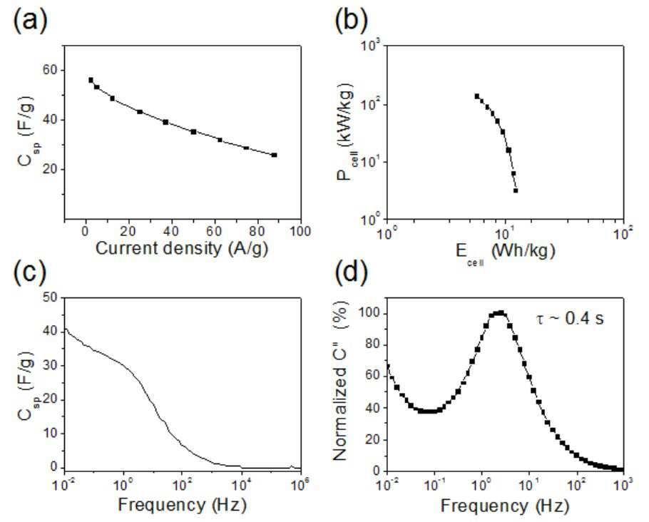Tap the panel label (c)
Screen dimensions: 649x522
click(29, 273)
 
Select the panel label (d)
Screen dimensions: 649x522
click(350, 273)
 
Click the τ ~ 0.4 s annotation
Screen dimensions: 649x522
click(569, 318)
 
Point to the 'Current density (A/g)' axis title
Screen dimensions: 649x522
click(182, 248)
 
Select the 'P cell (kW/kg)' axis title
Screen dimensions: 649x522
click(344, 135)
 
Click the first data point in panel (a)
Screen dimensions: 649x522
click(91, 80)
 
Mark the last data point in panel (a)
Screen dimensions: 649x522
click(274, 155)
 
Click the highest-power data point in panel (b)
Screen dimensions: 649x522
click(477, 96)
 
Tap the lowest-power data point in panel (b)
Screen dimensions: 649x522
click(516, 190)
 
